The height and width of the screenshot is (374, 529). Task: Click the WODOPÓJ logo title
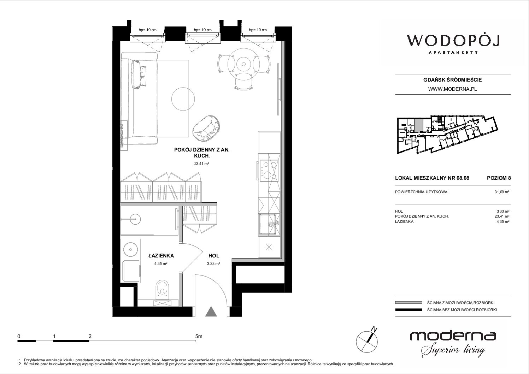(453, 41)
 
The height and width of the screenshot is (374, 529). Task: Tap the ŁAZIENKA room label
(161, 256)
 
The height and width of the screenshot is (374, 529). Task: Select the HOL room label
(214, 256)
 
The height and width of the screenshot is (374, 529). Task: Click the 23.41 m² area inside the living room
(201, 163)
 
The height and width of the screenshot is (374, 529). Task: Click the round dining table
(243, 64)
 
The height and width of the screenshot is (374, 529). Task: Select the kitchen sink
(269, 224)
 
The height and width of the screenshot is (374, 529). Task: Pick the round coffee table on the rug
(183, 99)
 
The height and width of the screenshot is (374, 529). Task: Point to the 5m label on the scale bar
(199, 336)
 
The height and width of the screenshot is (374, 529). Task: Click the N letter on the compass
(374, 329)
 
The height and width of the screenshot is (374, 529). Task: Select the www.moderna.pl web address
(452, 89)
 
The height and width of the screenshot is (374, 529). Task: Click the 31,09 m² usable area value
(502, 192)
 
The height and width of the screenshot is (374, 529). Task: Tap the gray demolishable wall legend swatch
(408, 303)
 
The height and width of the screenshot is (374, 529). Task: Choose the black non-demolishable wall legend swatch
(408, 310)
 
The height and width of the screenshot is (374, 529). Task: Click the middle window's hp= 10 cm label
(202, 30)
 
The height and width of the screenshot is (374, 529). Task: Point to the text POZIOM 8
(499, 178)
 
